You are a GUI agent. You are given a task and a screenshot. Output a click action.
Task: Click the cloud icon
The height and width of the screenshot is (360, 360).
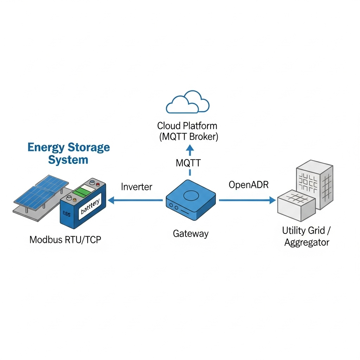tap(188, 102)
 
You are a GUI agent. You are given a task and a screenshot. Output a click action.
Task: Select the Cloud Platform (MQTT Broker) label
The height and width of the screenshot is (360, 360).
tap(187, 131)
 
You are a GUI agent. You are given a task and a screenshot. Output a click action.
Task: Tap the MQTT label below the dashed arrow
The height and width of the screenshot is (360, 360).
tap(188, 163)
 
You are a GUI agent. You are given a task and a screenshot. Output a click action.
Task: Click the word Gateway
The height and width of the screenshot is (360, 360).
tap(191, 233)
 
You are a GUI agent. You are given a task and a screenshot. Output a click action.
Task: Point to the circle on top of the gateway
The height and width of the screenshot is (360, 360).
tap(191, 194)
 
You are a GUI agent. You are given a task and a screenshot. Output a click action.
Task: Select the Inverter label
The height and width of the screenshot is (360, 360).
tap(136, 187)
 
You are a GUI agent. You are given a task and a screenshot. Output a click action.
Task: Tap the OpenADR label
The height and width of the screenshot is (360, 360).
tap(248, 185)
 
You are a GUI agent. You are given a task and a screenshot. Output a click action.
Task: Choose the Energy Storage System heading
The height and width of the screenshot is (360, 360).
tap(69, 153)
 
